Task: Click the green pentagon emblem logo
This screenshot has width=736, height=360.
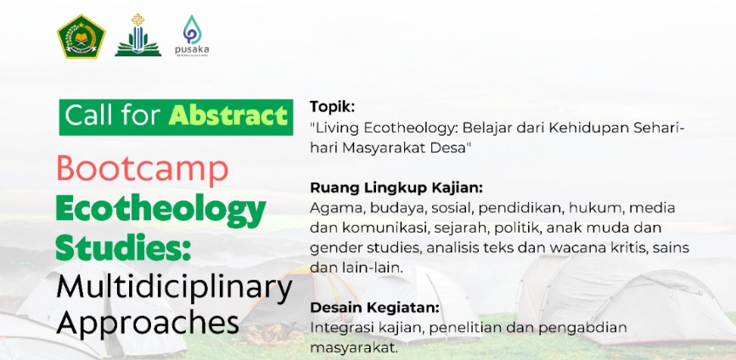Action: coord(81,37)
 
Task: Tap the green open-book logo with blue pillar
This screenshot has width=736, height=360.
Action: coord(138,35)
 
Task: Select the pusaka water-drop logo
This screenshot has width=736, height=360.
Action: coord(192,35)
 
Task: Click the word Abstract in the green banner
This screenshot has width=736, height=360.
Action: coord(228,116)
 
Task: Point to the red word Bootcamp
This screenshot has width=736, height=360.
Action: coord(143,170)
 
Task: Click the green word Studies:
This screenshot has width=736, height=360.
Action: coord(123,247)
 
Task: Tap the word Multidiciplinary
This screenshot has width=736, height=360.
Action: coord(174,290)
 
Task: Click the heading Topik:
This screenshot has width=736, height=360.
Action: coord(332,108)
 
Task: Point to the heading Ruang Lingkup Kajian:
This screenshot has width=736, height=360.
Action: coord(396,188)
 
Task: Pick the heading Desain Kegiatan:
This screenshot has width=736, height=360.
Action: coord(374,308)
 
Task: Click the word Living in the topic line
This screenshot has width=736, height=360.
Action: coord(334,128)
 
